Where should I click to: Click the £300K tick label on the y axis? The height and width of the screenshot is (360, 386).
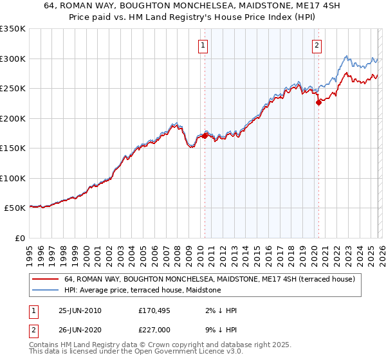(x=13, y=59)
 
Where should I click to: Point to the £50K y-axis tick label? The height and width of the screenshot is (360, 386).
(x=15, y=208)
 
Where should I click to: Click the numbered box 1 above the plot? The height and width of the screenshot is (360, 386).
(x=203, y=45)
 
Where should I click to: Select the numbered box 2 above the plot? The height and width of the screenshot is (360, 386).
(x=317, y=45)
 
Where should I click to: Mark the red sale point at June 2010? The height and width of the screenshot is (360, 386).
(x=205, y=136)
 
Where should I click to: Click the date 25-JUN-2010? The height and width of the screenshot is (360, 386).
(x=80, y=310)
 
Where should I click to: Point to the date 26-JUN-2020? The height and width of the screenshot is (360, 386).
(x=80, y=331)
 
